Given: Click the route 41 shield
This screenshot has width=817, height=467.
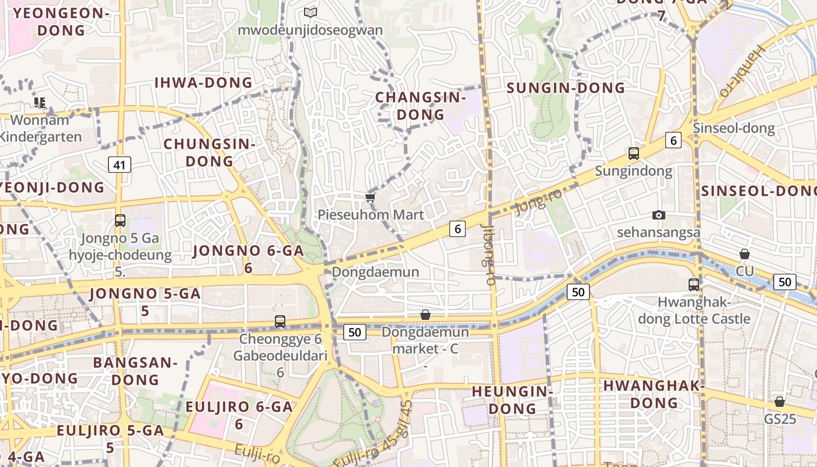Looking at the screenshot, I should pos(120,165).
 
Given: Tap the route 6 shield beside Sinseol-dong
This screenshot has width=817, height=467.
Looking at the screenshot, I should pos(673,140).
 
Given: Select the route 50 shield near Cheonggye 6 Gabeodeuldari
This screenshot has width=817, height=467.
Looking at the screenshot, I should pos(354,332).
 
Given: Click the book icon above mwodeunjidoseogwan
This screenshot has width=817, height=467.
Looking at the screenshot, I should pos(310,12).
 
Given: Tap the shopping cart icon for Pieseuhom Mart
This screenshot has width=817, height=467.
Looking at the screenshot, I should pos(370,197).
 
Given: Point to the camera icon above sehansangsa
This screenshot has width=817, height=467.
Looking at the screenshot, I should pos(659,215).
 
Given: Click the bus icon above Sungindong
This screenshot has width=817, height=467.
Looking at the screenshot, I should pos(634,154).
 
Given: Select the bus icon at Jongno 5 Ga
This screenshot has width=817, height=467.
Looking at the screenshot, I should pos(120,221).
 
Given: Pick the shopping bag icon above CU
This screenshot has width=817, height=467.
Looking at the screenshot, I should pos(745,254).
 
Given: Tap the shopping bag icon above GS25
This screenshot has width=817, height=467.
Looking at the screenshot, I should pos(780,402).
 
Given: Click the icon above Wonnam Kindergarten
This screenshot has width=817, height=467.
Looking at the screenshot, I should pos(40,103).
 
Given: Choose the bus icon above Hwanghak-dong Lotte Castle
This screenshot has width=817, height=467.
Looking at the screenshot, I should pos(694,285).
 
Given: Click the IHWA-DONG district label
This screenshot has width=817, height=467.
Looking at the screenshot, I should pos(203,83).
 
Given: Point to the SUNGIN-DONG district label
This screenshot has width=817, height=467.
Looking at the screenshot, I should pos(565,88).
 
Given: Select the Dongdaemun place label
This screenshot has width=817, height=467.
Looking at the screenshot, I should pos(375,272).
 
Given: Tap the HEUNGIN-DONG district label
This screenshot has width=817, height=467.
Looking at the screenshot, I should pos(512,399).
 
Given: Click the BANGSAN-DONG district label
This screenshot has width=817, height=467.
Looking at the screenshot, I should pos(135,371).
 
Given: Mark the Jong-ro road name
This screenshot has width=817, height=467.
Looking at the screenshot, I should pos(539,201).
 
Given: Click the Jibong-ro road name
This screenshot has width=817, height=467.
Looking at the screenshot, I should pos(490,255).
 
